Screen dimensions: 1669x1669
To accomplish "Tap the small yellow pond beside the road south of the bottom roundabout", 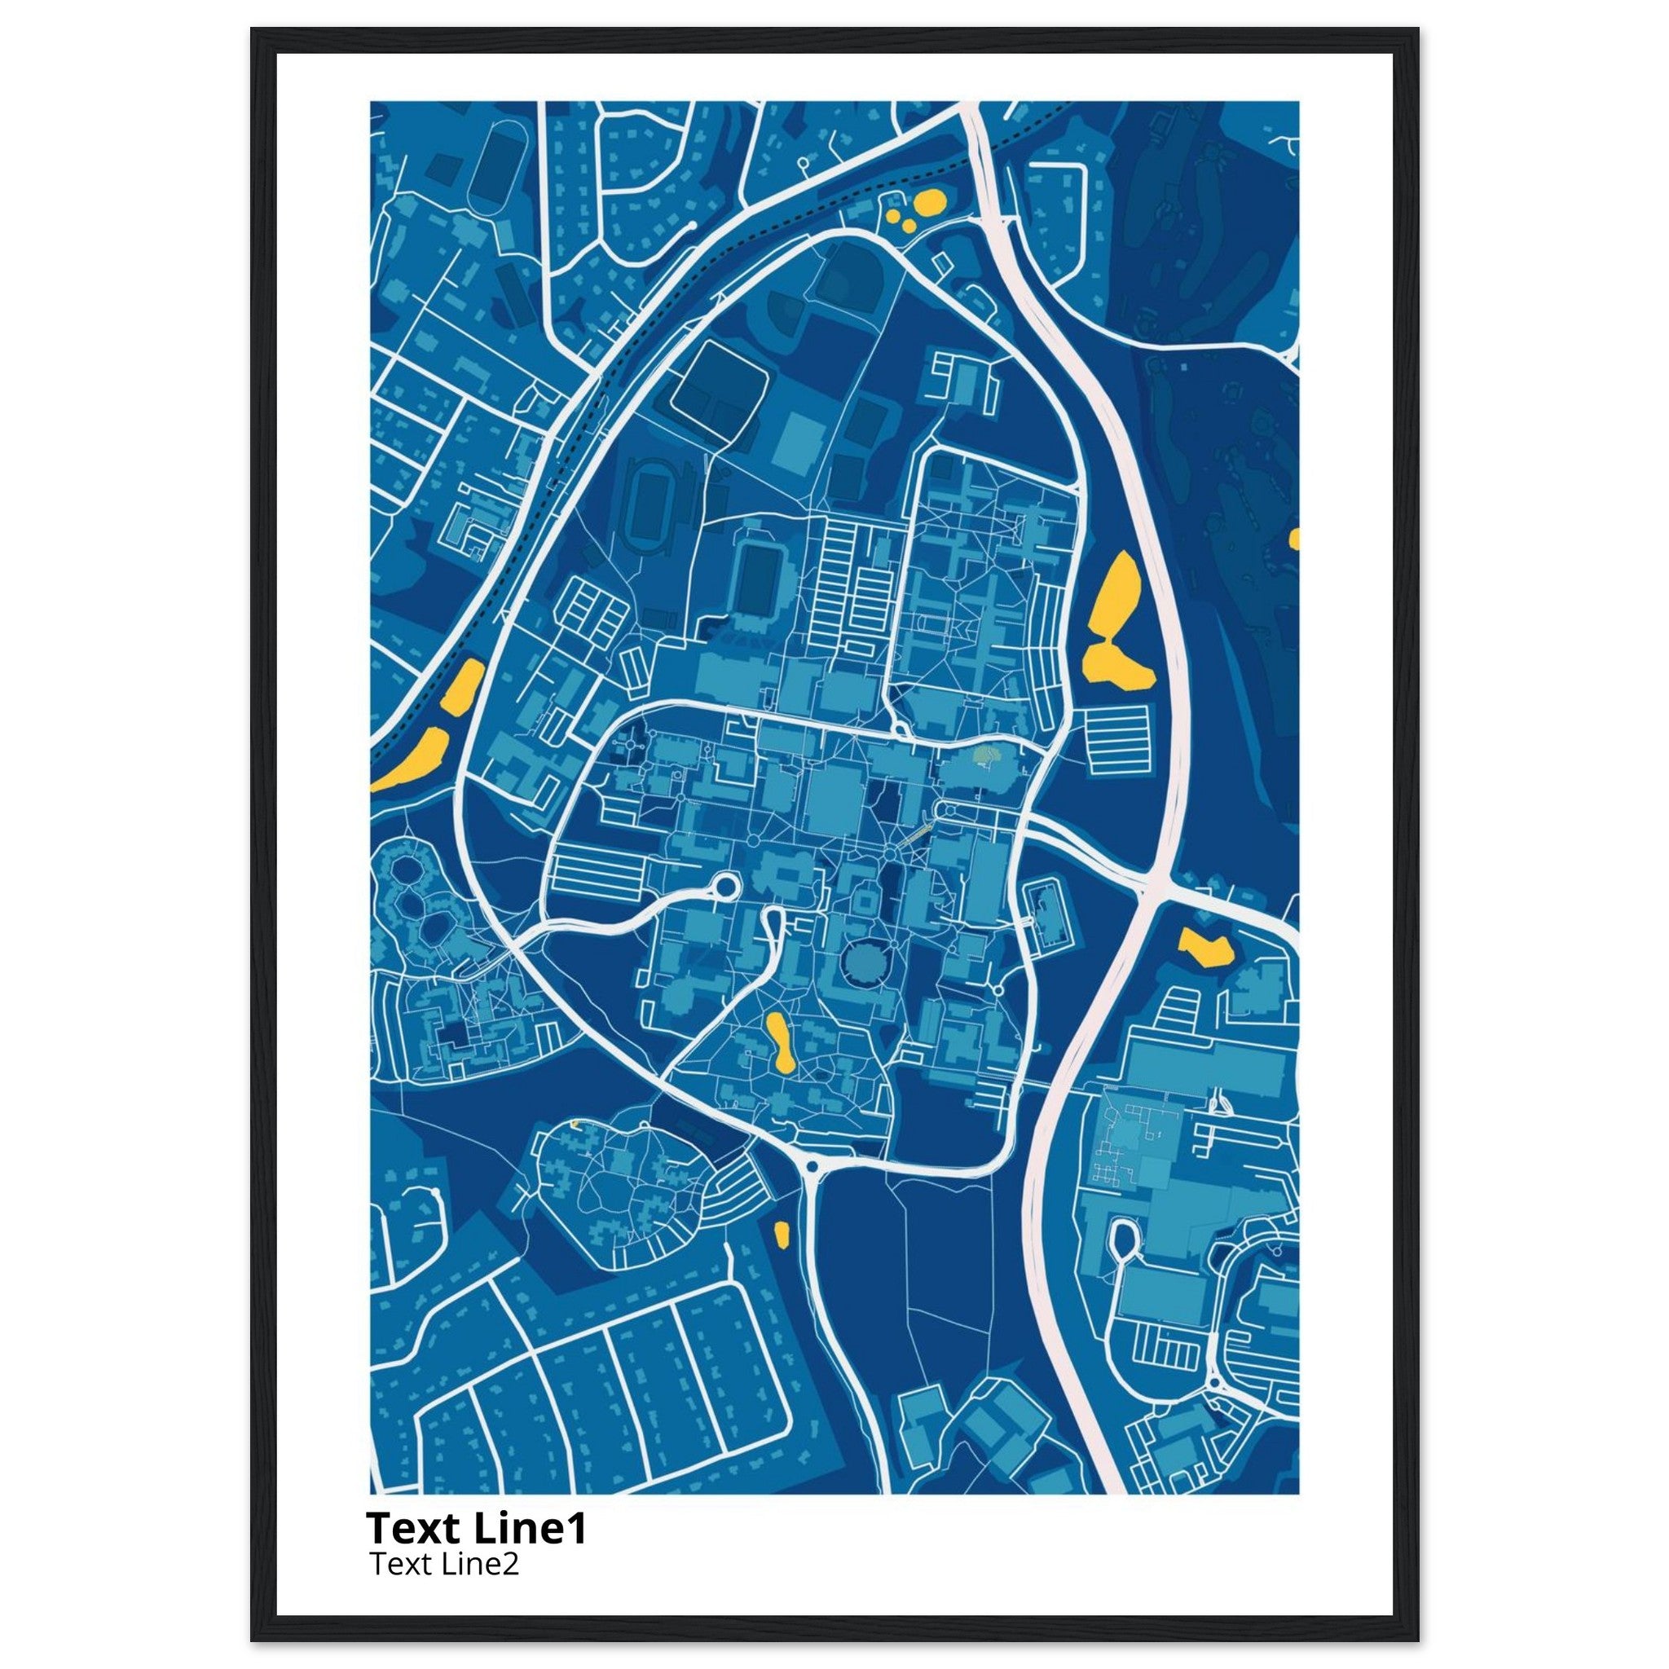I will click(x=781, y=1234).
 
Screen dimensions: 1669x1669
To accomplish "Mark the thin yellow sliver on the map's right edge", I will click(x=1293, y=539).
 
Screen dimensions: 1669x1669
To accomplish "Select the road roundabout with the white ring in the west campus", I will click(x=722, y=887).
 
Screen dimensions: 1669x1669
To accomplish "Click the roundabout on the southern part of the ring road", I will click(x=812, y=1167).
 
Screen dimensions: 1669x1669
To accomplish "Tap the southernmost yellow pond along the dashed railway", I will click(x=413, y=760).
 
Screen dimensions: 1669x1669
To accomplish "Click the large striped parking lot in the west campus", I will click(x=596, y=865).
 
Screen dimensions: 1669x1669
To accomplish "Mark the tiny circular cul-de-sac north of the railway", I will click(x=804, y=161).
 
